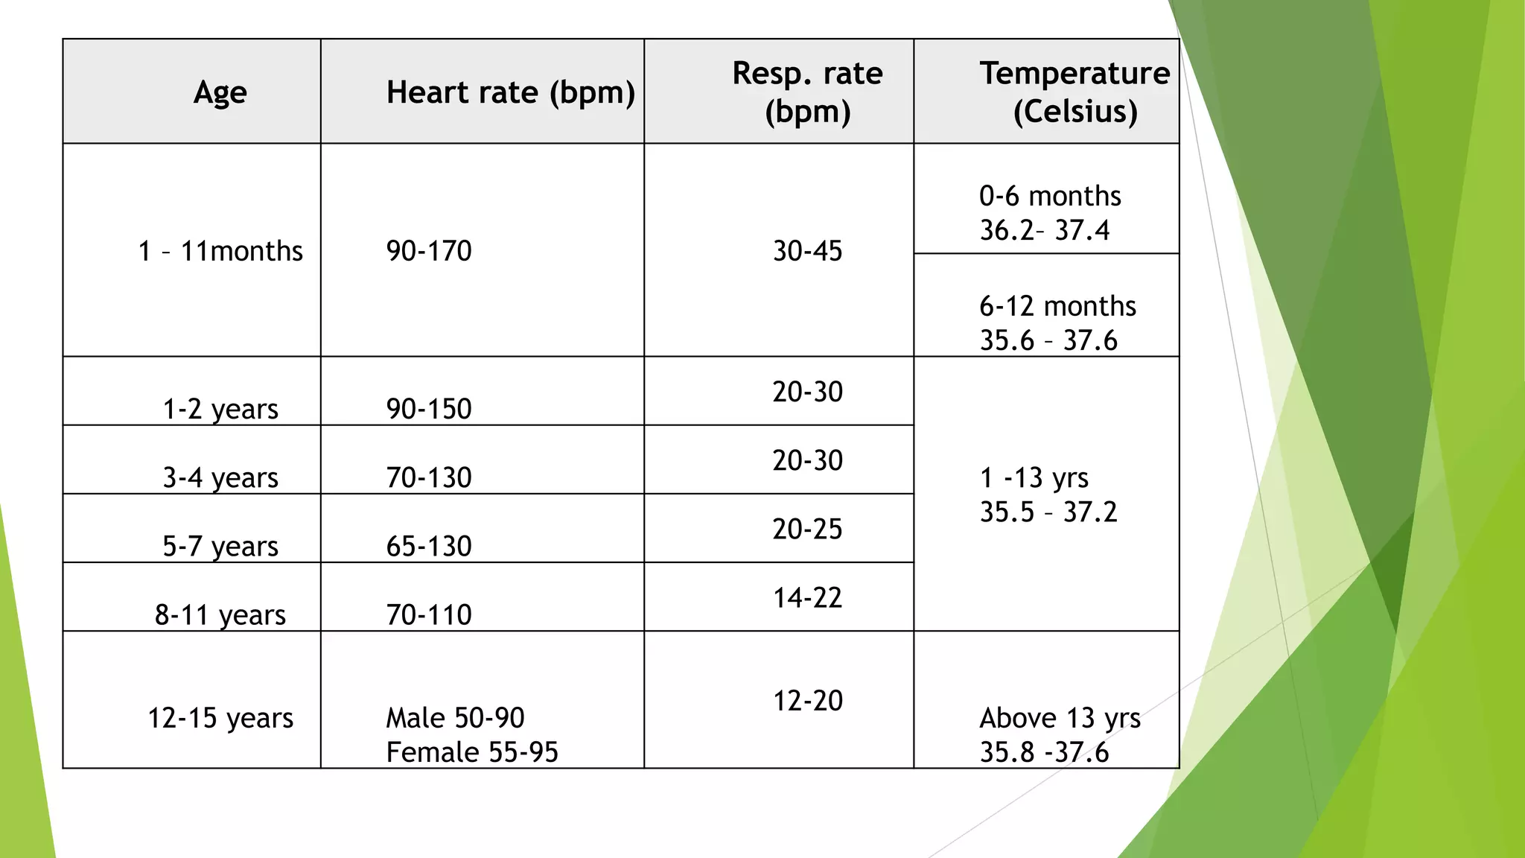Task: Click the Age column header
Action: pos(220,93)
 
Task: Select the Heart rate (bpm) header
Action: pos(510,93)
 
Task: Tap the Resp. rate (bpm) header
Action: pos(807,92)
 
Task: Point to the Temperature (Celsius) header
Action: pos(1074,92)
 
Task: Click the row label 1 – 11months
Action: pos(220,251)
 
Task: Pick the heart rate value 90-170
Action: pos(429,251)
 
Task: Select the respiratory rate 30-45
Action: pos(807,251)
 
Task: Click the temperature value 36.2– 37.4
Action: pos(1044,231)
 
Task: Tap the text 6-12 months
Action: pos(1057,306)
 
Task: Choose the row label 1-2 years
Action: pos(220,409)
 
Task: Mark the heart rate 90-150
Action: pos(429,409)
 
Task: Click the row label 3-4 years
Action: pos(220,477)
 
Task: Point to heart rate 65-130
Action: pos(429,546)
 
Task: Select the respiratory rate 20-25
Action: pos(807,529)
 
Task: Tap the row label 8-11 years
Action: pos(220,615)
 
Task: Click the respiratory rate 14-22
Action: pos(807,597)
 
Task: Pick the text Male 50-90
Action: pos(455,718)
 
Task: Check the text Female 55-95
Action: pos(472,752)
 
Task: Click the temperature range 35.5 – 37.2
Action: pos(1048,512)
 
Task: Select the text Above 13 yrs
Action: pos(1060,718)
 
